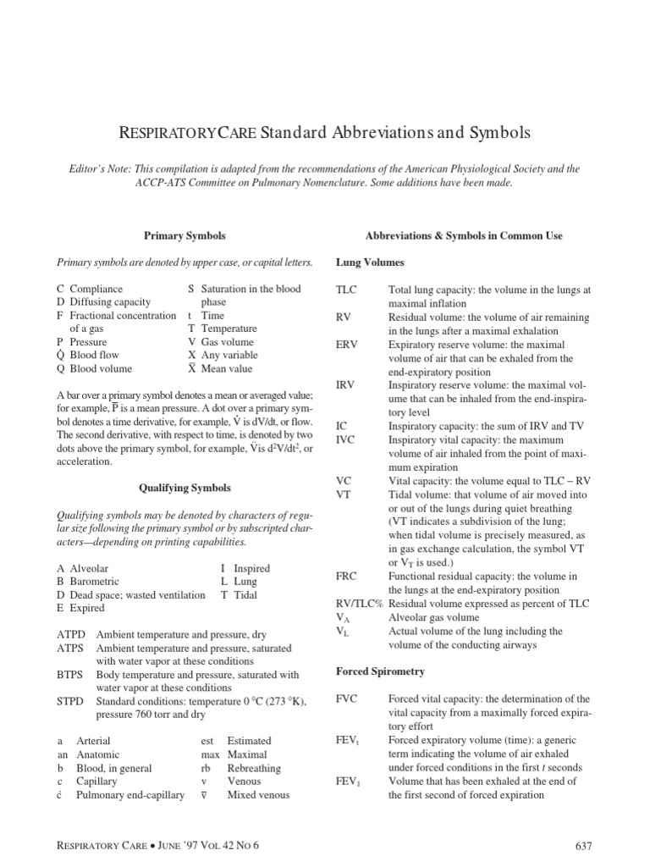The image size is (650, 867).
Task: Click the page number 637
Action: [x=585, y=845]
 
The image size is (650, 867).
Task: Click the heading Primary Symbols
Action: [x=185, y=235]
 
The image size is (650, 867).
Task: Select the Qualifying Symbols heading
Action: [x=185, y=488]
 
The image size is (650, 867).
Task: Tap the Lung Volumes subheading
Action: [x=370, y=262]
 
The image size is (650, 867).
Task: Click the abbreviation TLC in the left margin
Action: [x=347, y=290]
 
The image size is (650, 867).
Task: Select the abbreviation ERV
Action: [x=347, y=344]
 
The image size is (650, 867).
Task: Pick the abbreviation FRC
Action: [x=348, y=576]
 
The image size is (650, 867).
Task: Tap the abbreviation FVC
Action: [x=348, y=699]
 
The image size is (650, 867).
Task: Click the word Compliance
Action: [x=96, y=290]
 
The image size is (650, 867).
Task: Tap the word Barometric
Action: [x=94, y=582]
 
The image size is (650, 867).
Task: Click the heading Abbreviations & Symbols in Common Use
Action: [x=463, y=235]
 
